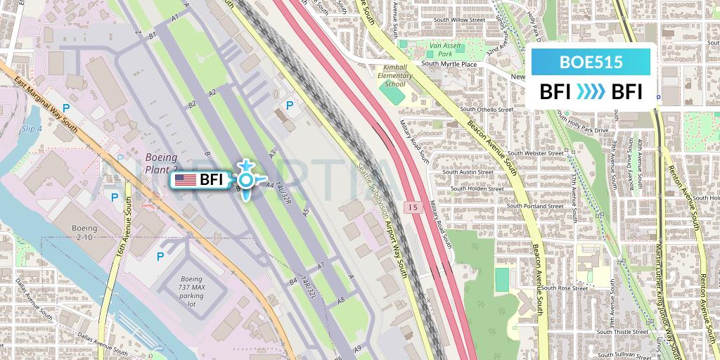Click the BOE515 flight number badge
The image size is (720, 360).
point(591,62)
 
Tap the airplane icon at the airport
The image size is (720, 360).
point(245,180)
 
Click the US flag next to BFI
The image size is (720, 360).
point(186,180)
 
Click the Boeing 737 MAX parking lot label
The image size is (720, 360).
point(191,288)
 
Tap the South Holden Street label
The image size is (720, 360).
point(477,188)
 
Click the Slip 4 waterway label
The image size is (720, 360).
point(32,129)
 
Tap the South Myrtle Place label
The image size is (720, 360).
point(449,64)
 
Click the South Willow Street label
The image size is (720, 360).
point(459,20)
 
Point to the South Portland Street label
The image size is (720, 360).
point(536,206)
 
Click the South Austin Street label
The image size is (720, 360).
point(470,172)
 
